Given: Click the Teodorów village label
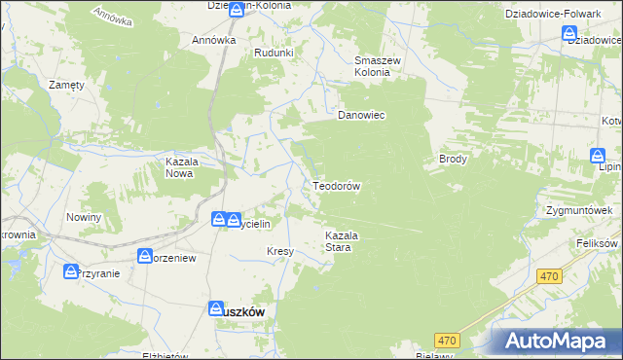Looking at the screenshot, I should [337, 185].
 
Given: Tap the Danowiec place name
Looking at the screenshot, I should [361, 115].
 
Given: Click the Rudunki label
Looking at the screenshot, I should [273, 53].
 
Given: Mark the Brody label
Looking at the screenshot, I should [454, 159].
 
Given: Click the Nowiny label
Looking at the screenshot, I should [84, 217].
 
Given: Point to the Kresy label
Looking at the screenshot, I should [280, 251].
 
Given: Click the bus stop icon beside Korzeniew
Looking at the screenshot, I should [145, 257].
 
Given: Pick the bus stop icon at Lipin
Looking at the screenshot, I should [597, 156].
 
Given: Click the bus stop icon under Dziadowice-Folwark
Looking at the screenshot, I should [570, 34].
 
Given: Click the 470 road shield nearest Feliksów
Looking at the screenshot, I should [551, 276].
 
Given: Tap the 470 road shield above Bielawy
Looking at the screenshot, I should [447, 340].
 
